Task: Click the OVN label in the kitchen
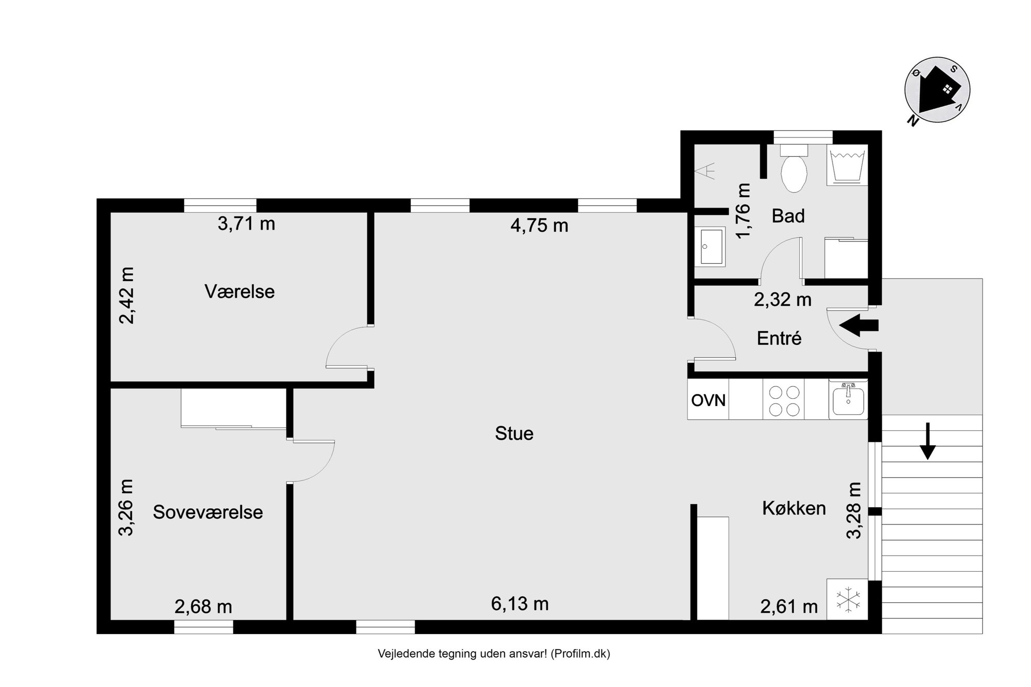tap(708, 400)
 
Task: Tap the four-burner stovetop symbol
tap(784, 400)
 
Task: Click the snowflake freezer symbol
tap(848, 599)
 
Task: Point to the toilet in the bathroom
tap(794, 168)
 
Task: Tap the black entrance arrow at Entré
tap(859, 326)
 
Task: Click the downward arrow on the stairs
tap(928, 441)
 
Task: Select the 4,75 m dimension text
tap(539, 226)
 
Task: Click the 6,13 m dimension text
tap(520, 604)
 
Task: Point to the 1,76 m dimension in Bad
tap(744, 210)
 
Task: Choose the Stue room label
tap(514, 434)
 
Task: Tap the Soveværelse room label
tap(208, 513)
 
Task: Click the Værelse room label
tap(240, 292)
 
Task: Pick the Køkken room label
tap(794, 508)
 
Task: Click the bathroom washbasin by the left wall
tap(710, 247)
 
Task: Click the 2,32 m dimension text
tap(783, 300)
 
